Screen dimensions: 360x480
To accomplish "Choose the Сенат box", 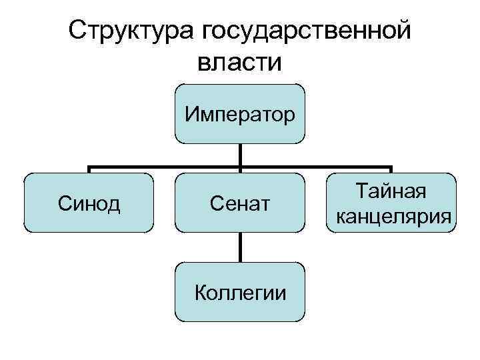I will [x=240, y=203].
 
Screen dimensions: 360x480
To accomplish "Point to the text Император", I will [x=240, y=114].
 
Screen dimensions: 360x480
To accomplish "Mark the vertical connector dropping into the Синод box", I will [x=89, y=170].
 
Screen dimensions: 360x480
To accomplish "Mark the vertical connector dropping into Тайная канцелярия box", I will [x=391, y=170].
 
